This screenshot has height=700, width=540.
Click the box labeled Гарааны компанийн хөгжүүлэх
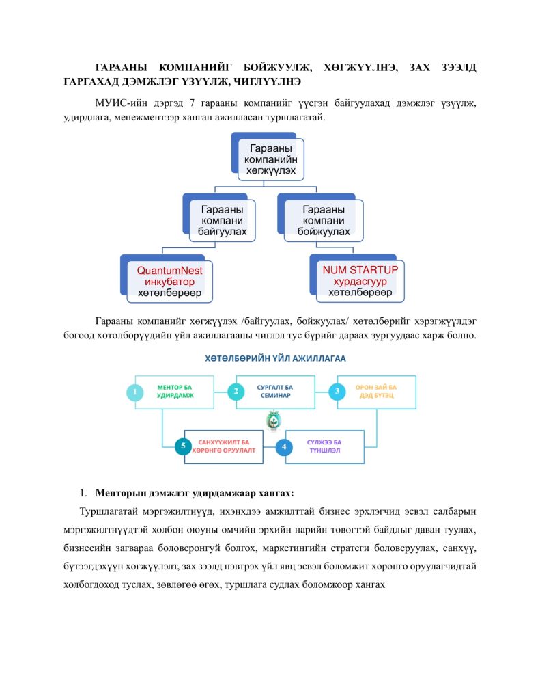tap(270, 159)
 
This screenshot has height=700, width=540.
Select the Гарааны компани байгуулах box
tap(222, 221)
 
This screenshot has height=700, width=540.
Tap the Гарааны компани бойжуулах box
tap(324, 221)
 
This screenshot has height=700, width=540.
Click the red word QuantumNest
tap(169, 271)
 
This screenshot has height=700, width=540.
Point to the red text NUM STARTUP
tap(360, 270)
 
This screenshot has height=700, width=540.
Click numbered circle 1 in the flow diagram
tap(134, 392)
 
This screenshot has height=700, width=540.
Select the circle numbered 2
tap(236, 392)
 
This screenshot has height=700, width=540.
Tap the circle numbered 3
tap(337, 392)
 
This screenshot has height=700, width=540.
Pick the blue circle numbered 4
tap(284, 447)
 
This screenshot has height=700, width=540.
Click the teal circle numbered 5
tap(183, 446)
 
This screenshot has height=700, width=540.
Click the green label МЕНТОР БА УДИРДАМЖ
tap(175, 392)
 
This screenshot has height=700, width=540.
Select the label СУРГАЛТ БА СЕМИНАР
tap(275, 392)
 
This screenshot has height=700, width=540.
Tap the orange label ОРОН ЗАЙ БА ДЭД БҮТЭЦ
tap(376, 392)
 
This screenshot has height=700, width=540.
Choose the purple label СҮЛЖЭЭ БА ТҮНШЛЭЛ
tap(324, 446)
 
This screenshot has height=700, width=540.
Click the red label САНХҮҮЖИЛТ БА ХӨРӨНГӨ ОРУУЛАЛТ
tap(224, 446)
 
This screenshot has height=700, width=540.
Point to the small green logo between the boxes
tap(273, 420)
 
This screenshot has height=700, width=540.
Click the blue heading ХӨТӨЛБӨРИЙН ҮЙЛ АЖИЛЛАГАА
tap(275, 358)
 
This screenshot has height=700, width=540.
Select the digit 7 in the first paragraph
tap(192, 103)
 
